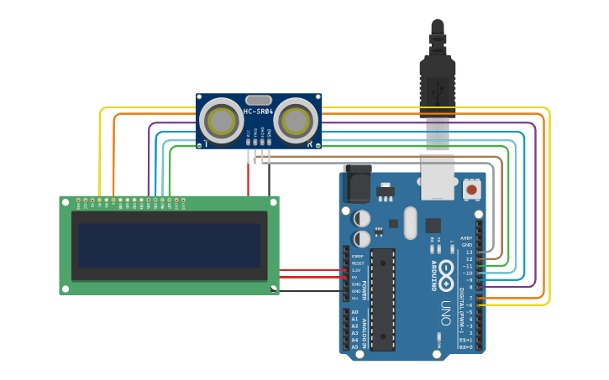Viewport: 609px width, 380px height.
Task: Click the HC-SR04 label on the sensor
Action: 258,112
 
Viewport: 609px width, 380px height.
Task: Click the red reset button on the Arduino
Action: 471,190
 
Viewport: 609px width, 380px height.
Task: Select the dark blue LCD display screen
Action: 169,245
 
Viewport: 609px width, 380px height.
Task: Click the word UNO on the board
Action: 445,315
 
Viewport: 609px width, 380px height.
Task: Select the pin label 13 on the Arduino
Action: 469,252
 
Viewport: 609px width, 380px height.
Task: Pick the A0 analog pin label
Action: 354,312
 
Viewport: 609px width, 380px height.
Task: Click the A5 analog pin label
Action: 354,346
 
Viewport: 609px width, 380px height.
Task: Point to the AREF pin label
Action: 466,237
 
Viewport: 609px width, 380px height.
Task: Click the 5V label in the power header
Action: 356,277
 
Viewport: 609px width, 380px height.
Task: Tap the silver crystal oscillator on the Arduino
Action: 410,223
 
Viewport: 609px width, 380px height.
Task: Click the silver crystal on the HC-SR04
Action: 259,100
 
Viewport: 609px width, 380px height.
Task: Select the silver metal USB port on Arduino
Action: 438,178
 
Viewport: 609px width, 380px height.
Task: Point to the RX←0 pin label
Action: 466,346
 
